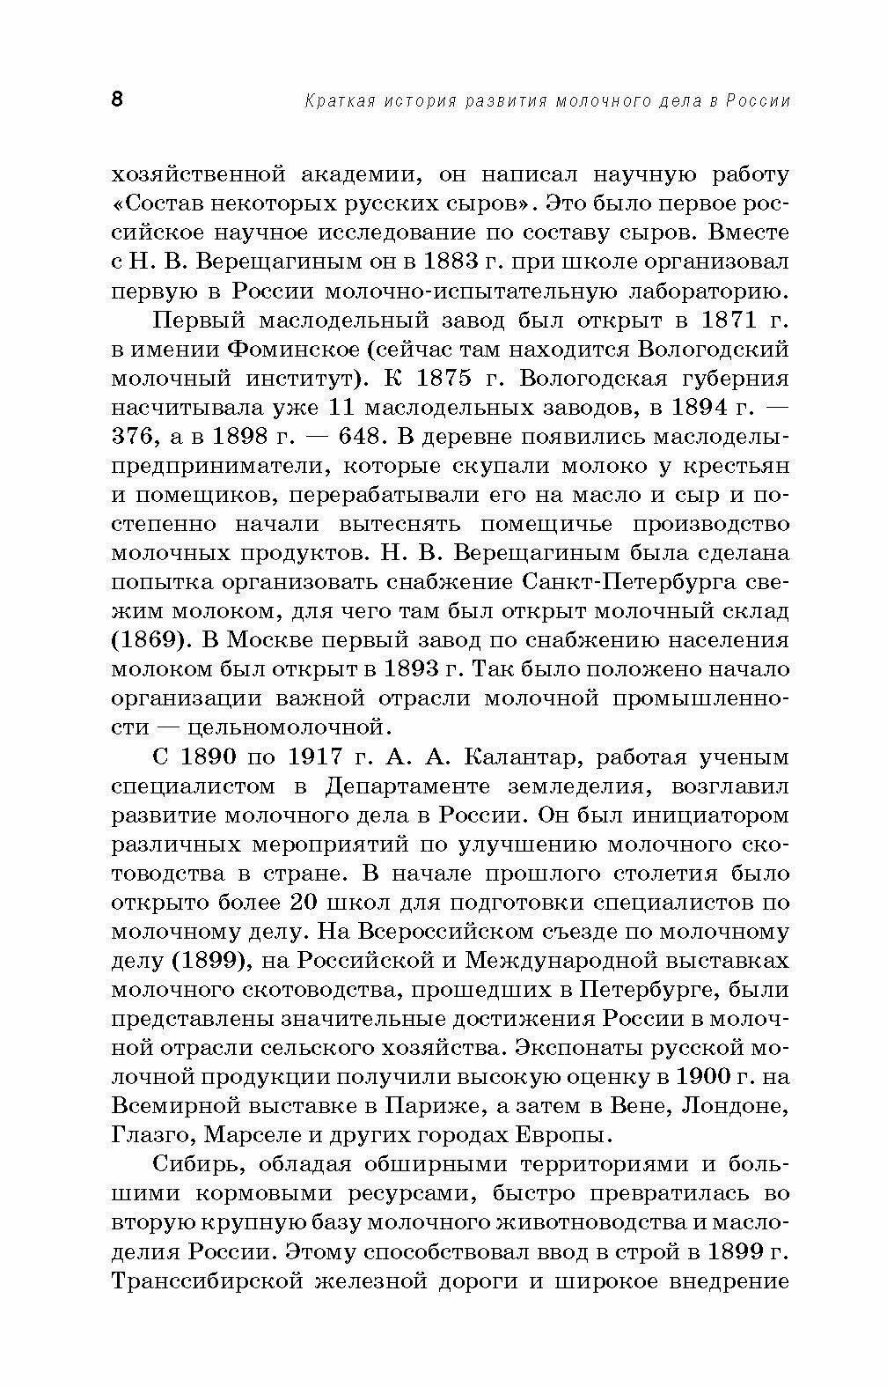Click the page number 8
[118, 99]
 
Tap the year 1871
[736, 321]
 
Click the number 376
[133, 437]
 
